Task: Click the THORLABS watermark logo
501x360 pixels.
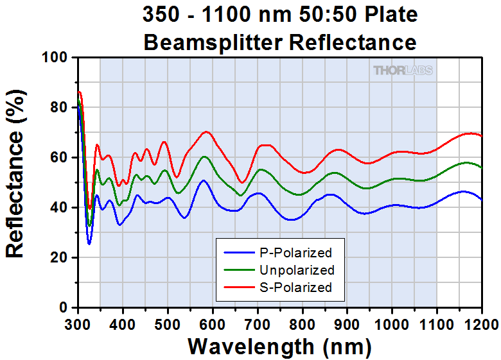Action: click(x=403, y=70)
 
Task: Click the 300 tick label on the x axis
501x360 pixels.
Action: click(x=78, y=322)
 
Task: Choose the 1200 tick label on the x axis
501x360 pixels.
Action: click(x=479, y=322)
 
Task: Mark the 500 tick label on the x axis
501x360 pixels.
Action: click(x=168, y=322)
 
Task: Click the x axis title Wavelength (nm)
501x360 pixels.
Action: click(x=279, y=346)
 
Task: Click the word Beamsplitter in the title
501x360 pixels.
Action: click(x=214, y=42)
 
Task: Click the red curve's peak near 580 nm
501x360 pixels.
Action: click(x=206, y=132)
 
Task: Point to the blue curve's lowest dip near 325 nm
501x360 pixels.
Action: click(x=89, y=244)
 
